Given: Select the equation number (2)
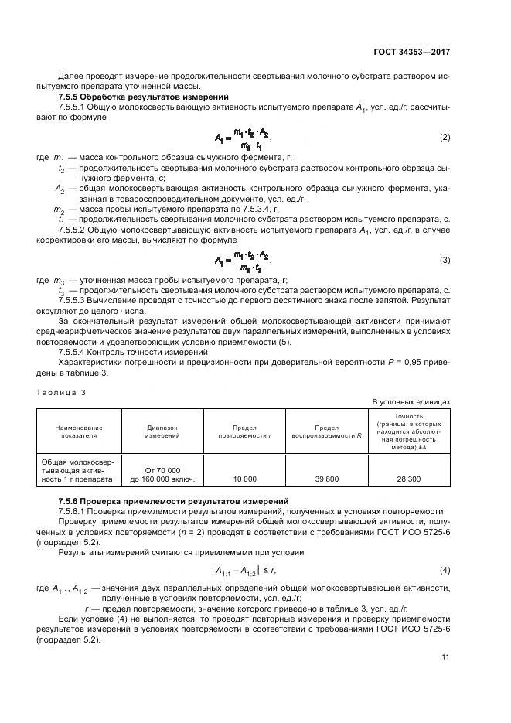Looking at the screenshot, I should pos(445,138).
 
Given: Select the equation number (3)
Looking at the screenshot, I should pos(445,261).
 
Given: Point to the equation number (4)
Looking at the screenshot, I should pos(445,570).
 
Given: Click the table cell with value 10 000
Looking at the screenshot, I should pos(244,479).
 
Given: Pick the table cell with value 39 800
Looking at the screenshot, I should pos(327,479).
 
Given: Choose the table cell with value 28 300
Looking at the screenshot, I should pos(409,479).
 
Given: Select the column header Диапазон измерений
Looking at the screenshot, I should pos(162,431).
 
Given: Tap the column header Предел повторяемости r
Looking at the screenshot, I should pos(244,431).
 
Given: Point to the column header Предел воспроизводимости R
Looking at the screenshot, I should pos(327,431).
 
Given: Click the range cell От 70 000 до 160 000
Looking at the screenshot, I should pos(162,474).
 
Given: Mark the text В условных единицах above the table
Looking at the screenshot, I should pos(411,402).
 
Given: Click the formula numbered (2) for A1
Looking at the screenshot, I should pos(245,138).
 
